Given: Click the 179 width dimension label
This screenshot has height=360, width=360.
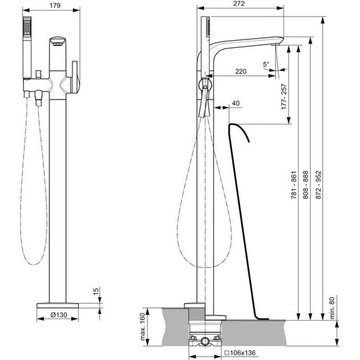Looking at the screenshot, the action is coord(55,6).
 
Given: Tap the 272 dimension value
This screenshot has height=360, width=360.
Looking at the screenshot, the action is coord(239,4).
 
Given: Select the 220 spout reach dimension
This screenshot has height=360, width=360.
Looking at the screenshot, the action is coord(240,71).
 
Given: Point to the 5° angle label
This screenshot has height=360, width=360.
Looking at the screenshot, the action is coord(266,64).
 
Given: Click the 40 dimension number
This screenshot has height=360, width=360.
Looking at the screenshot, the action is coord(236,103).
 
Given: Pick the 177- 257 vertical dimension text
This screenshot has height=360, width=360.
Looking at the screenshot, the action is coord(284,96).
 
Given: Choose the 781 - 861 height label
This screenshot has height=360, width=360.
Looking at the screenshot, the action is coord(294,185).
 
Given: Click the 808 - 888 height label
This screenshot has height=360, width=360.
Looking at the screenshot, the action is coord(306,185).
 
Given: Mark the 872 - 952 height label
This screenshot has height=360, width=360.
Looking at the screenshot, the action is coord(318,185).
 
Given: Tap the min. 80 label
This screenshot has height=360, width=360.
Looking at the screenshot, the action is coord(333,308).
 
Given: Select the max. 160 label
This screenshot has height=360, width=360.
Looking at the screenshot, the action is coord(143,326).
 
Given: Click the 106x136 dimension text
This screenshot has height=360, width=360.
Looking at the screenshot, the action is coord(243,353).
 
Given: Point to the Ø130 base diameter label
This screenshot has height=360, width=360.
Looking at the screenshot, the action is coord(59,315).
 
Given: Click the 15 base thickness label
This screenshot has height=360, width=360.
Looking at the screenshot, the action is coord(96,292).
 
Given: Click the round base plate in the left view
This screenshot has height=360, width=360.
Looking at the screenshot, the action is coord(58,305).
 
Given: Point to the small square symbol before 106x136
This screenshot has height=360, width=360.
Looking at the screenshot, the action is coord(226,353).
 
